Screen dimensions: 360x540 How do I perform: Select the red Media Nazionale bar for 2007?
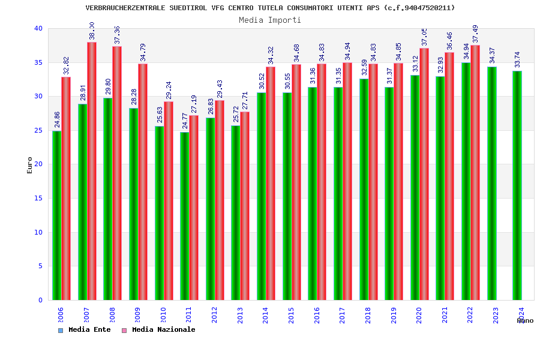tap(92, 171)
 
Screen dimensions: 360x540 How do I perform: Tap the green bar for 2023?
tap(492, 183)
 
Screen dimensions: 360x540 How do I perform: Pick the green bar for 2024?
tap(517, 185)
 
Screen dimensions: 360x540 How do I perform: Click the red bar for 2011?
tap(194, 208)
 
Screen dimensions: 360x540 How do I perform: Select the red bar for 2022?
tap(475, 172)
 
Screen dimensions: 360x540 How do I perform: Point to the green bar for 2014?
tap(262, 196)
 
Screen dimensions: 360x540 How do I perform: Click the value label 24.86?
tap(57, 120)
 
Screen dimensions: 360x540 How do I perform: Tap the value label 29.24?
tap(169, 90)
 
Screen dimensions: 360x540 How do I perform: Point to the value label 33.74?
tap(518, 60)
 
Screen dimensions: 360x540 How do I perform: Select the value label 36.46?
tap(450, 41)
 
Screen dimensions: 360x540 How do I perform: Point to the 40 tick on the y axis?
tap(38, 29)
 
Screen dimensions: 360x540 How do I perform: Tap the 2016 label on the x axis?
tap(317, 315)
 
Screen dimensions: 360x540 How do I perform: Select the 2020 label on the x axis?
tap(419, 315)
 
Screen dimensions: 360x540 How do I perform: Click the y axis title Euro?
tap(30, 165)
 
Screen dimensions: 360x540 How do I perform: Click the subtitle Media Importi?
tap(270, 20)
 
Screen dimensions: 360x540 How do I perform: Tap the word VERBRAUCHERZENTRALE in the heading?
tap(122, 8)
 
